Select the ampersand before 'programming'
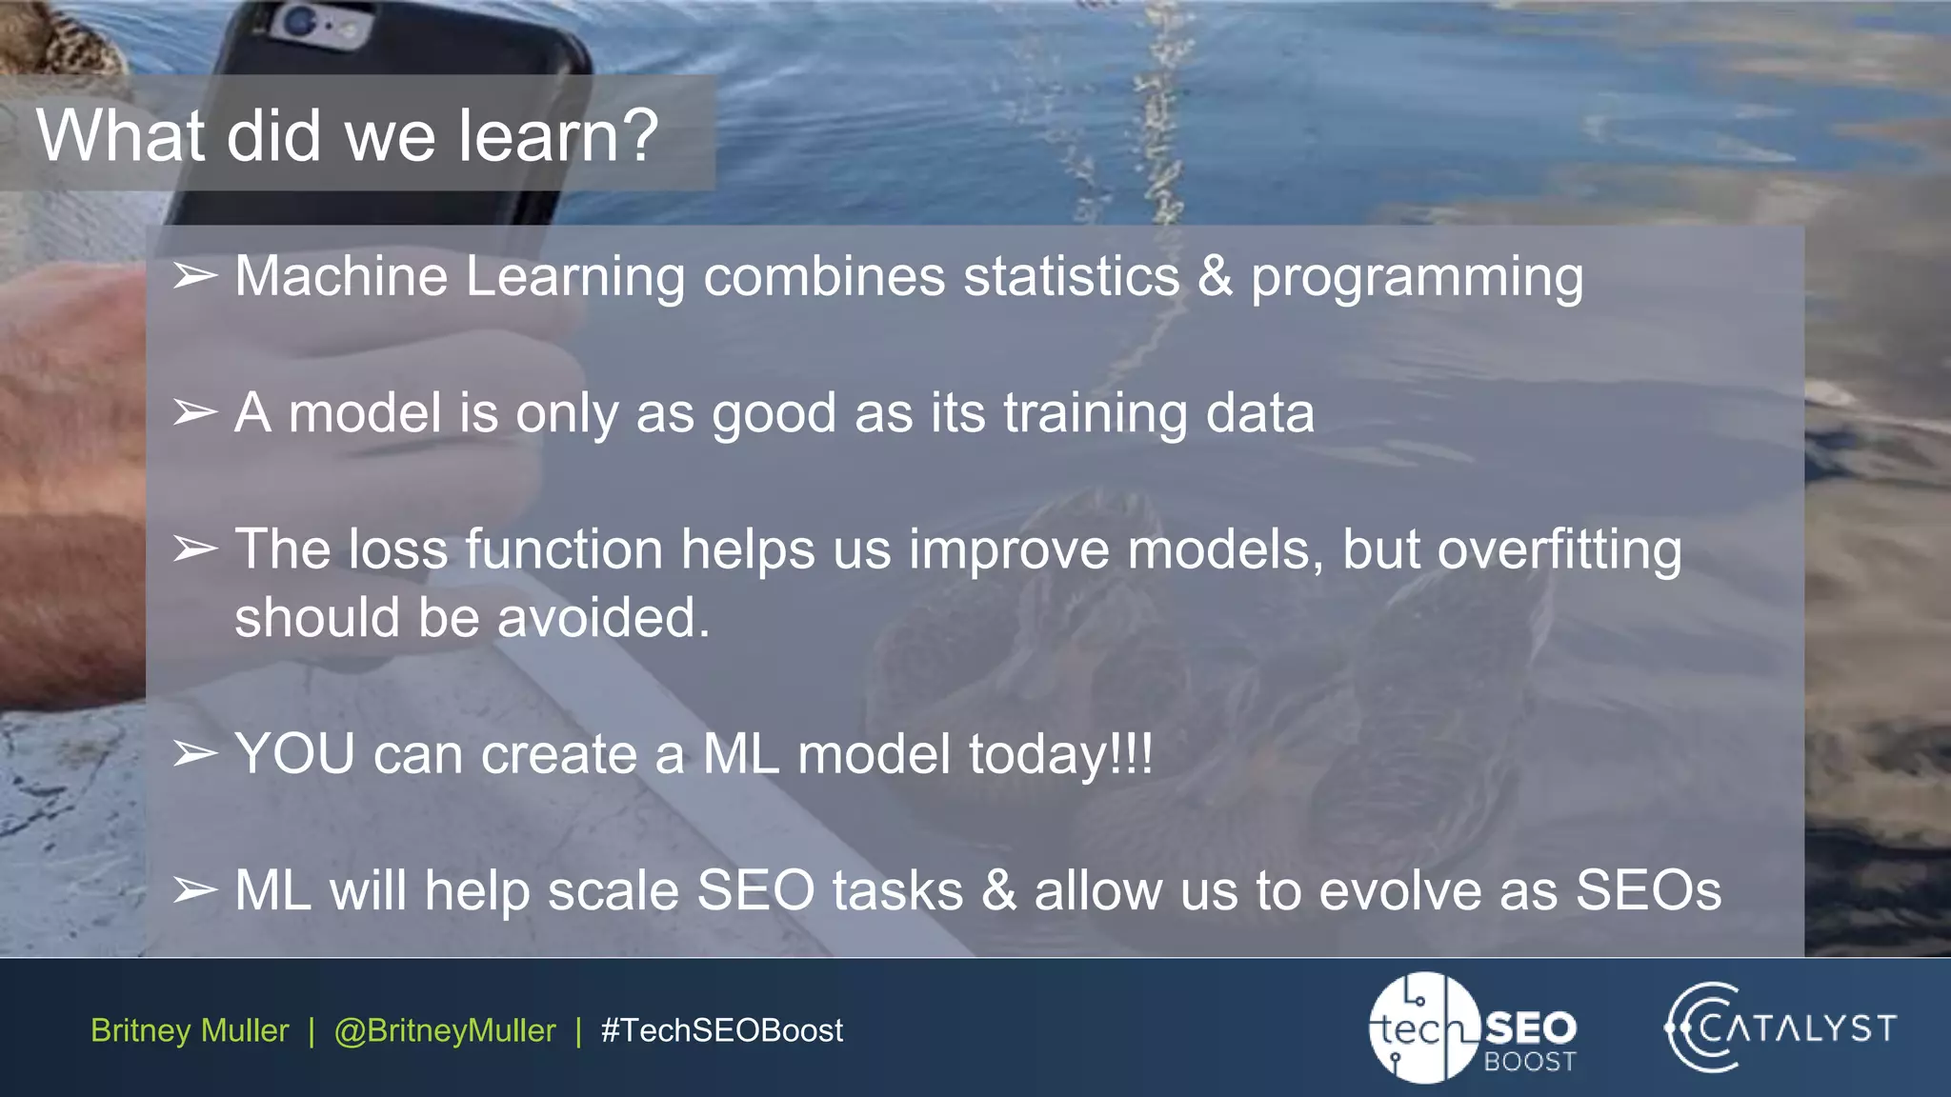click(x=1215, y=277)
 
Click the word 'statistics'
click(x=1071, y=277)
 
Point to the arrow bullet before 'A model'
click(x=195, y=413)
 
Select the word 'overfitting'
click(x=1559, y=550)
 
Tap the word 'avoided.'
click(x=603, y=618)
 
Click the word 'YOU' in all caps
click(x=294, y=755)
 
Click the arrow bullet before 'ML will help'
click(x=195, y=891)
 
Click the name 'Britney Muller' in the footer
click(x=190, y=1030)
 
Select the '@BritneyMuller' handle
click(x=444, y=1030)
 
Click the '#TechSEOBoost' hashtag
click(x=721, y=1030)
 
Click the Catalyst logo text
click(x=1797, y=1028)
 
